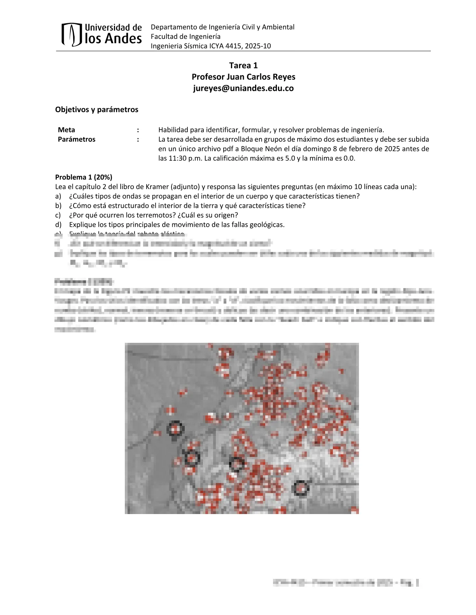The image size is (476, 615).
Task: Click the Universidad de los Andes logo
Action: pos(101,34)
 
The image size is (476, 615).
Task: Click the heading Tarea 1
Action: pos(243,65)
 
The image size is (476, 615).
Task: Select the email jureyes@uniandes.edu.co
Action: pos(243,88)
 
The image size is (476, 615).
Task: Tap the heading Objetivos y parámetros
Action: pos(96,109)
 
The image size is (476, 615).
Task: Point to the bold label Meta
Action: pos(66,130)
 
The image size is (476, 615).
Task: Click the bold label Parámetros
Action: pos(77,139)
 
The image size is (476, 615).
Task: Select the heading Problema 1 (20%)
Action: pos(84,177)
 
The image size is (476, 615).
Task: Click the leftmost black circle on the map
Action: pos(175,428)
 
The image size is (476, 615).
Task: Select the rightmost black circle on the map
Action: pos(300,488)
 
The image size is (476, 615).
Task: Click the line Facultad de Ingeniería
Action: pos(185,36)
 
